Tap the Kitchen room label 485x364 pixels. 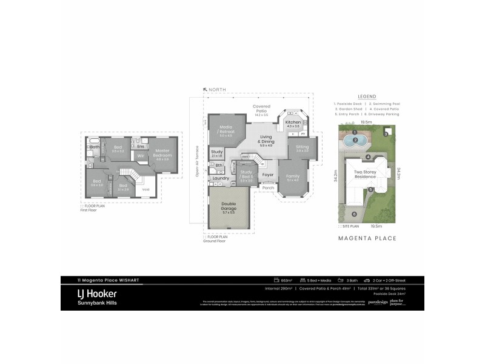(293, 124)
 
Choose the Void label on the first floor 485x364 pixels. (145, 190)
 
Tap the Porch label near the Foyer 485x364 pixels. (268, 187)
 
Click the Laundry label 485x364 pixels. (220, 178)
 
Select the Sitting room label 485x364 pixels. (303, 147)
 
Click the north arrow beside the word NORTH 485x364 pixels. (206, 89)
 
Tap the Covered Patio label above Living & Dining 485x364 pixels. (261, 109)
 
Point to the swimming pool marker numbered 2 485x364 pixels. (352, 140)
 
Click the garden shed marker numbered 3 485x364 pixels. (385, 133)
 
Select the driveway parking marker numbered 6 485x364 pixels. (354, 214)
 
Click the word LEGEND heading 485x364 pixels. (367, 96)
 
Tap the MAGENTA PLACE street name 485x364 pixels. (367, 238)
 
